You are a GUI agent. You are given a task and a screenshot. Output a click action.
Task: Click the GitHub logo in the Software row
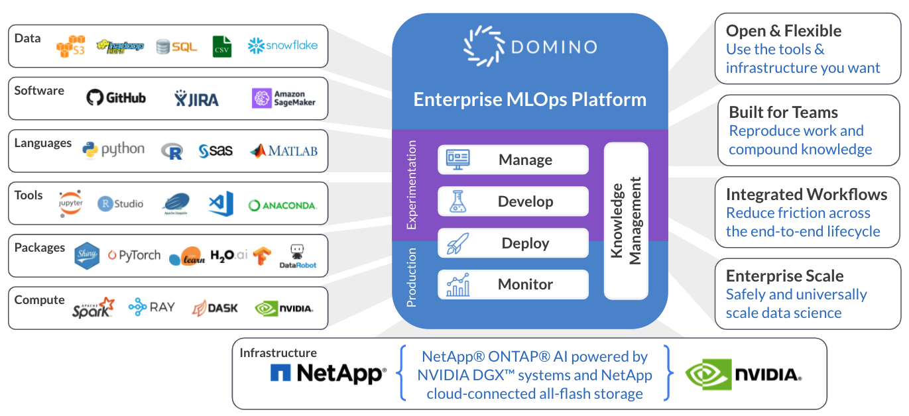tap(116, 98)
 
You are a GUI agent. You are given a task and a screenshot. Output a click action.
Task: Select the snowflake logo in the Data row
tap(282, 46)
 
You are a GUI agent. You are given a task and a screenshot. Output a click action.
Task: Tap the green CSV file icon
tap(222, 46)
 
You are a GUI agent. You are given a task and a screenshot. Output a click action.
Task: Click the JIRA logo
tap(196, 99)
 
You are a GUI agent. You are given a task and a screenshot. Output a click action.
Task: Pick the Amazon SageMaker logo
tap(284, 98)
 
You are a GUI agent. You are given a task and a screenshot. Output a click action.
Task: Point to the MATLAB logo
tap(283, 151)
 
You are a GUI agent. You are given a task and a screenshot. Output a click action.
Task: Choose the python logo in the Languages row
tap(113, 150)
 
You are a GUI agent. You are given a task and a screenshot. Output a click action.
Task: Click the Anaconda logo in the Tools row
tap(282, 205)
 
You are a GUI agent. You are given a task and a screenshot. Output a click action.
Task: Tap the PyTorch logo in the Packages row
tap(135, 255)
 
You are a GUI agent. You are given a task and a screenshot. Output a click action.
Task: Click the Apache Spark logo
tap(93, 307)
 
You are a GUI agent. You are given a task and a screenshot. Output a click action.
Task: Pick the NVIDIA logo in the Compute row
tap(284, 308)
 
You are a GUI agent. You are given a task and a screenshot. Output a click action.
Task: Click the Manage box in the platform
tap(513, 160)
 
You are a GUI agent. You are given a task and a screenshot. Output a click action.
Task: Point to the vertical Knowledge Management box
tap(626, 221)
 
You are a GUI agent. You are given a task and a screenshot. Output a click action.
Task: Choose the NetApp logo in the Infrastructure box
tap(328, 373)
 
